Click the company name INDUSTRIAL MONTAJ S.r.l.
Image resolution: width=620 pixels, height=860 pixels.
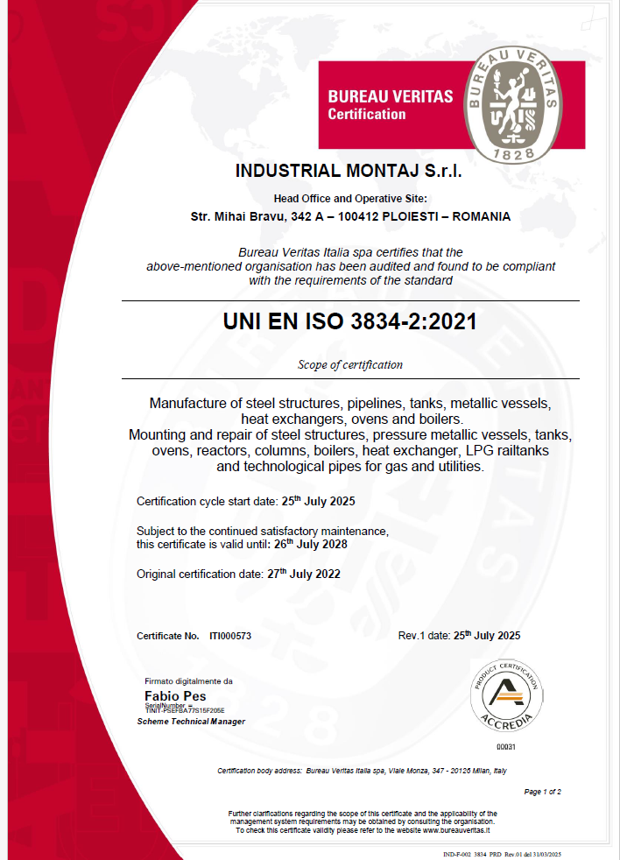coord(349,172)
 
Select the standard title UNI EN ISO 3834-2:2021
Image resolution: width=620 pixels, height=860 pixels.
coord(349,321)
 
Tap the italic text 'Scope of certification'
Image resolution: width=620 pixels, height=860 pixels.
coord(350,364)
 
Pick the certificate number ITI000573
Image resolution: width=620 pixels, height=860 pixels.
coord(230,636)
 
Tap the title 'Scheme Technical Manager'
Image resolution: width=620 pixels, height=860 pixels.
coord(191,722)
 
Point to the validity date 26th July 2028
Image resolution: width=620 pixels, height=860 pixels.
coord(311,544)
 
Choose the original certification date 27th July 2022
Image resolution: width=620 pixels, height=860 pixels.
coord(303,575)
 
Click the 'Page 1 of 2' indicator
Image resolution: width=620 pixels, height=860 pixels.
coord(542,792)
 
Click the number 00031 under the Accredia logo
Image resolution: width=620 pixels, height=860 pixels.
coord(506,747)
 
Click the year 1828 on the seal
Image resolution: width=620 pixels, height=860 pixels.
coord(512,154)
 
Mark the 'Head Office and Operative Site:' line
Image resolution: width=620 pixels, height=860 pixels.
coord(350,199)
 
